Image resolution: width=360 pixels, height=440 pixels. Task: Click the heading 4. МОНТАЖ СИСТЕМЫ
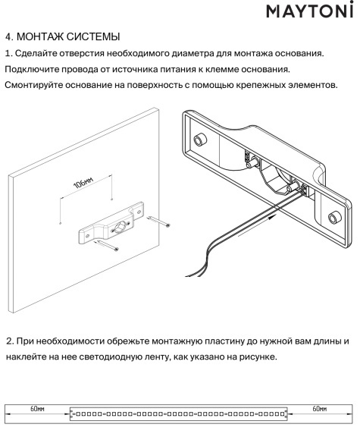(x=62, y=37)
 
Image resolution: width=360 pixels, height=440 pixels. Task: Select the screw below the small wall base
(x=110, y=247)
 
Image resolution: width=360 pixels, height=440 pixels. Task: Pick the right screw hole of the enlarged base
(x=332, y=218)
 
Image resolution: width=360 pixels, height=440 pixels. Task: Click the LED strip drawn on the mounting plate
(x=179, y=414)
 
